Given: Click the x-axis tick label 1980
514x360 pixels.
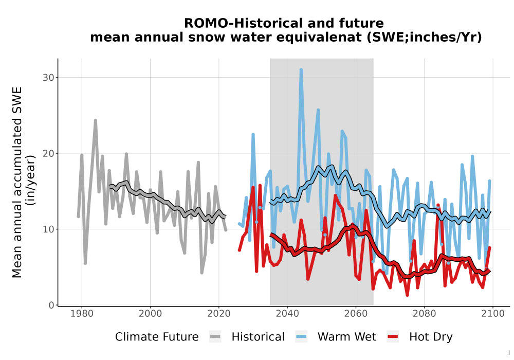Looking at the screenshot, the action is pyautogui.click(x=82, y=313).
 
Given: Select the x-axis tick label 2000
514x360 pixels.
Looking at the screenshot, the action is pyautogui.click(x=150, y=313).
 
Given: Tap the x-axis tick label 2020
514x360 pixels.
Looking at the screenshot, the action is pyautogui.click(x=218, y=313).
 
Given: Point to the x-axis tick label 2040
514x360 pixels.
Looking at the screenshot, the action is pyautogui.click(x=287, y=313).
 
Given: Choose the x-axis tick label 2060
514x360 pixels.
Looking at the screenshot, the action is pyautogui.click(x=356, y=313).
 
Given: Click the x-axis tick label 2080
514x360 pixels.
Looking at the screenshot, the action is pyautogui.click(x=424, y=313).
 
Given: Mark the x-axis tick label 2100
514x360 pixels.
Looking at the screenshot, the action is pyautogui.click(x=493, y=313).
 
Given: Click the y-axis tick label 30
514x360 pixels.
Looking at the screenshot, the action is pyautogui.click(x=48, y=77).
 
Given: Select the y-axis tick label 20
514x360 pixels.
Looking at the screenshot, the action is pyautogui.click(x=48, y=153).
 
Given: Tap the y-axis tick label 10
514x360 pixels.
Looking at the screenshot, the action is pyautogui.click(x=48, y=229).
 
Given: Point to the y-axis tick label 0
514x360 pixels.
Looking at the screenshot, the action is pyautogui.click(x=51, y=305).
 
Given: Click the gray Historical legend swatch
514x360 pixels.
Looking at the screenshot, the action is pyautogui.click(x=215, y=337).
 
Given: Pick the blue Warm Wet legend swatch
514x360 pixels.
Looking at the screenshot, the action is pyautogui.click(x=301, y=337).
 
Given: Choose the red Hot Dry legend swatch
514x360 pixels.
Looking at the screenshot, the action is pyautogui.click(x=393, y=337).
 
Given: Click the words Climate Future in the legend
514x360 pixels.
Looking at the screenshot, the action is pyautogui.click(x=157, y=337).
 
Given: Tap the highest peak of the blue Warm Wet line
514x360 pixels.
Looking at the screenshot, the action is pyautogui.click(x=301, y=69).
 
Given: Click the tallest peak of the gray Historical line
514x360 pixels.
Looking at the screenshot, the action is pyautogui.click(x=96, y=120).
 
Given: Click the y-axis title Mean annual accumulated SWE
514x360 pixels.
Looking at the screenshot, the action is pyautogui.click(x=17, y=182).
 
